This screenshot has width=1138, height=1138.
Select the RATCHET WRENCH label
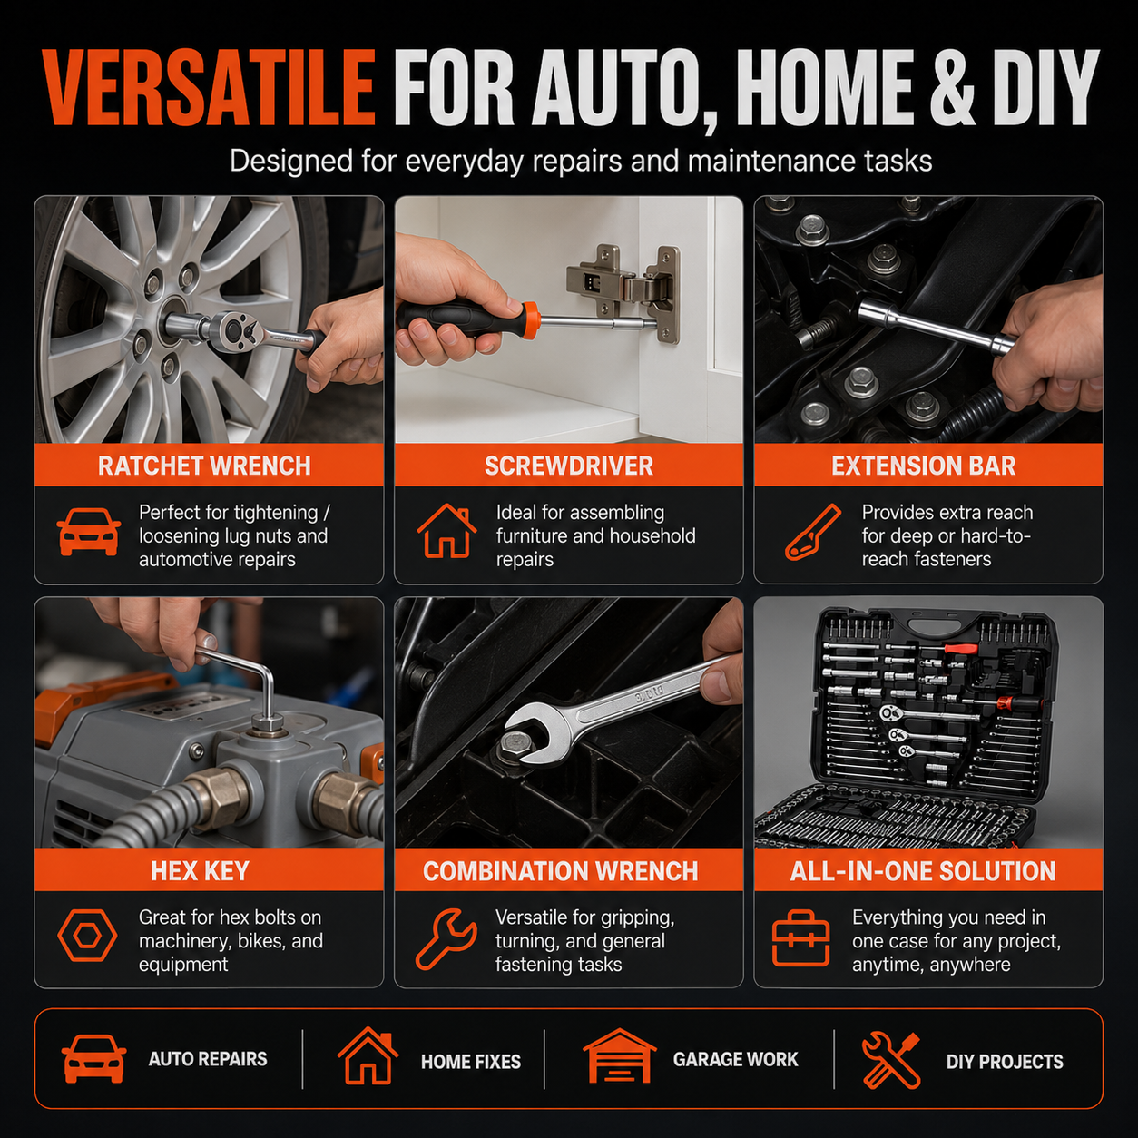(x=204, y=466)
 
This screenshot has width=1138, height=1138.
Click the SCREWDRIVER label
(x=569, y=466)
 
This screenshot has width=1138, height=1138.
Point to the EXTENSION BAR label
(x=924, y=466)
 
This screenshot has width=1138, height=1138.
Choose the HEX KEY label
(x=200, y=870)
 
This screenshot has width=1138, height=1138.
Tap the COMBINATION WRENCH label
(x=561, y=870)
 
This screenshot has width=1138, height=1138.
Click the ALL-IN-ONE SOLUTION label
(x=923, y=870)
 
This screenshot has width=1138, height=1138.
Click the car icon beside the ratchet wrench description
(x=89, y=532)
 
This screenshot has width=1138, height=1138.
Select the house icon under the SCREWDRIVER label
(x=446, y=531)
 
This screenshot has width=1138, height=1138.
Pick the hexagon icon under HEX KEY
(x=87, y=936)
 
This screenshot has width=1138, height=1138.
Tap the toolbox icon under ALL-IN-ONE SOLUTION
(x=801, y=938)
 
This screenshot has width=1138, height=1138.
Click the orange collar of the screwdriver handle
(x=530, y=319)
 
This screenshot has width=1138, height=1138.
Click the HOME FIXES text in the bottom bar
(x=471, y=1062)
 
